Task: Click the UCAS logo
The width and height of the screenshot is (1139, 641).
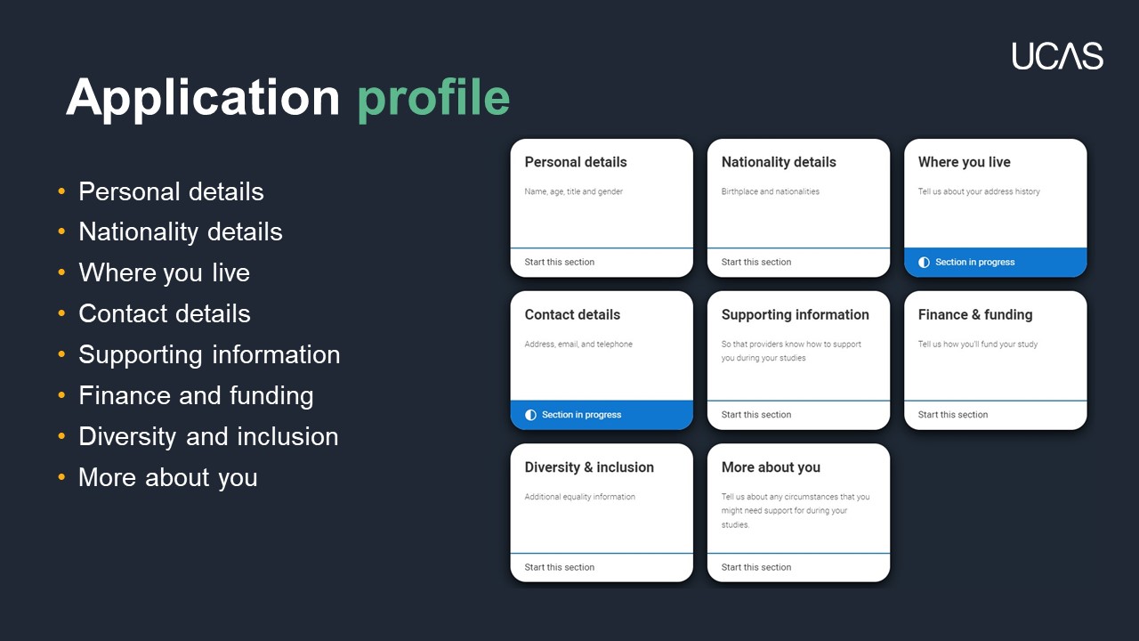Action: (1057, 56)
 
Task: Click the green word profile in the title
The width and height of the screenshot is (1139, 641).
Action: (433, 99)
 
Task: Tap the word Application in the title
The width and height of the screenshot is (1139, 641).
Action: (203, 99)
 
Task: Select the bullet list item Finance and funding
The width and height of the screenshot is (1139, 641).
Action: (196, 396)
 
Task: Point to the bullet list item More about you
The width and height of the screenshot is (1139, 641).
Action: (168, 478)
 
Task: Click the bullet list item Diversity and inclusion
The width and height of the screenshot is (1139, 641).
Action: (208, 436)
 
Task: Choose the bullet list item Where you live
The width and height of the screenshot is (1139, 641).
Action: (165, 272)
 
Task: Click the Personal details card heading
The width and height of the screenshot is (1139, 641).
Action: (576, 162)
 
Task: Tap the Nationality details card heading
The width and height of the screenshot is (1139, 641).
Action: (779, 162)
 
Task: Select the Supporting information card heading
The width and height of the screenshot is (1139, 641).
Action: (796, 315)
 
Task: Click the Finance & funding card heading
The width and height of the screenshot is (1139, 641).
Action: (975, 315)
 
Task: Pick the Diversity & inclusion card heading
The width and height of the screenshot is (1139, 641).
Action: (589, 467)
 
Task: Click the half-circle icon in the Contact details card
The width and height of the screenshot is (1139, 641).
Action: (530, 415)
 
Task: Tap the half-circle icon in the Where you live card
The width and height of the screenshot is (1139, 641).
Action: (924, 262)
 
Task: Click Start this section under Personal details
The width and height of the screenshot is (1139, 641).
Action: (560, 262)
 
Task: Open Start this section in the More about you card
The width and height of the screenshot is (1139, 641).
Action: (756, 567)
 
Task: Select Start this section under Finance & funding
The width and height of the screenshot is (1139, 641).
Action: (953, 415)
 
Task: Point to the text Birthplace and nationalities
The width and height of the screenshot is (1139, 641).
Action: (771, 191)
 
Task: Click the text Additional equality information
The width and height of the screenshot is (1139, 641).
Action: (579, 497)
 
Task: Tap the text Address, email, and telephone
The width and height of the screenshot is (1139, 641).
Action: (578, 345)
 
